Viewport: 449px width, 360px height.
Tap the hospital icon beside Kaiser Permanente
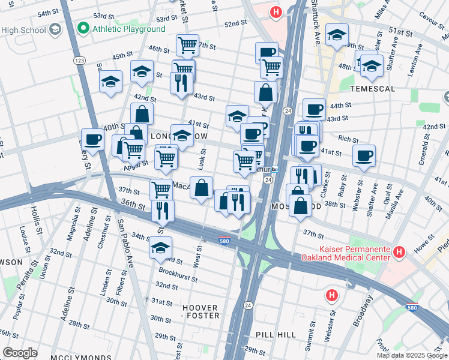[x=398, y=250]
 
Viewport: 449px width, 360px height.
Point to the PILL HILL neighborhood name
[x=273, y=334]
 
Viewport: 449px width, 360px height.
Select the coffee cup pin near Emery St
[x=93, y=140]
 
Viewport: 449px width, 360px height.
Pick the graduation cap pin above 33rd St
[x=161, y=247]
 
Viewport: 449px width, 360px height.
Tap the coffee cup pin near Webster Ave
[x=364, y=156]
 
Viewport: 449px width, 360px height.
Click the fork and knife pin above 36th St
[x=162, y=211]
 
